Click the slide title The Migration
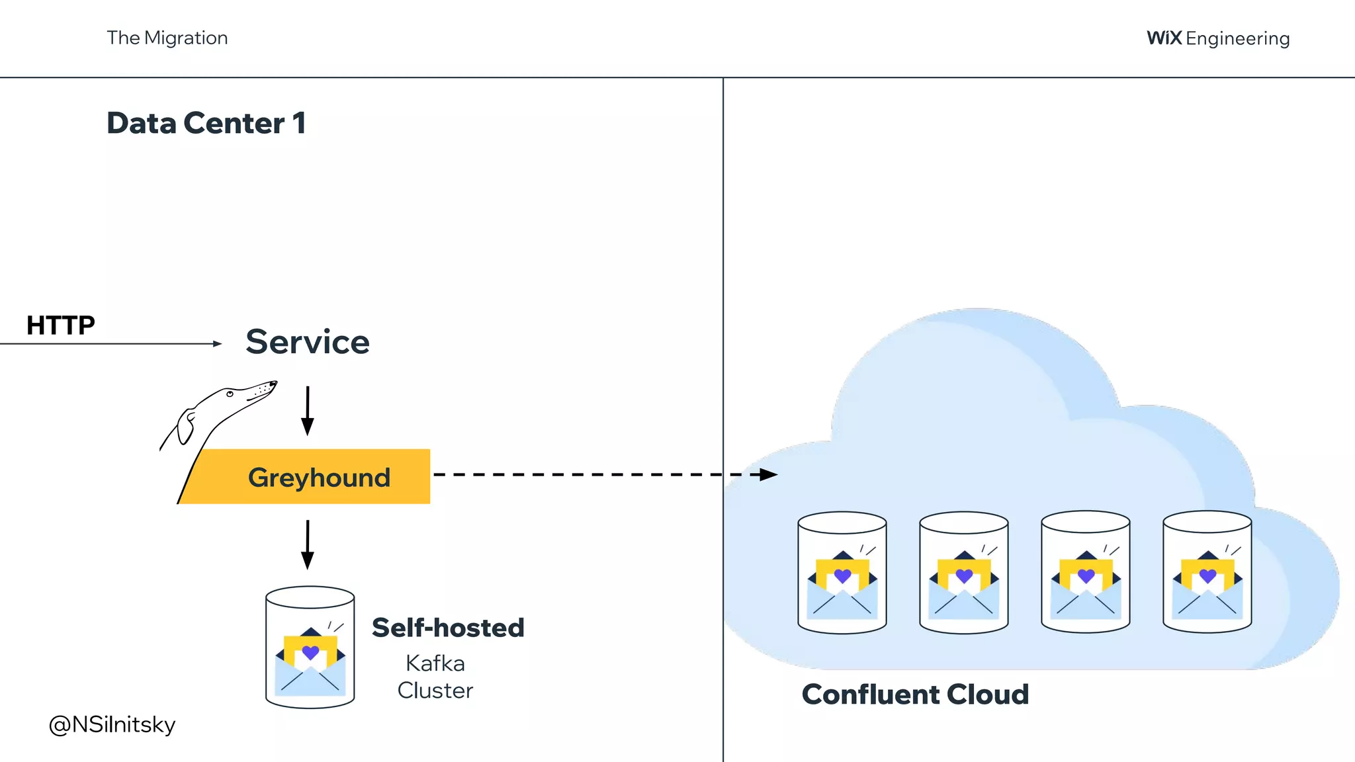(167, 38)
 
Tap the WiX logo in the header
(1164, 38)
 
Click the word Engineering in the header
(1237, 39)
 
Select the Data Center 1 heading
(206, 123)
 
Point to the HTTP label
(60, 325)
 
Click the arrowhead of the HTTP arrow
(218, 343)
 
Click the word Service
(308, 342)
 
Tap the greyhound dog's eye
(230, 394)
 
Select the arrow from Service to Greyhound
(308, 410)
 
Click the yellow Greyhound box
(318, 477)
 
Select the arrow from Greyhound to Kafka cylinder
(308, 544)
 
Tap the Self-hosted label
(448, 628)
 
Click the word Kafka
(435, 663)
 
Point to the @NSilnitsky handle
(112, 724)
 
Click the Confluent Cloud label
(915, 695)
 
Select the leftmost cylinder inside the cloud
(842, 572)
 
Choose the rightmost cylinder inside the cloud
(1207, 572)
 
